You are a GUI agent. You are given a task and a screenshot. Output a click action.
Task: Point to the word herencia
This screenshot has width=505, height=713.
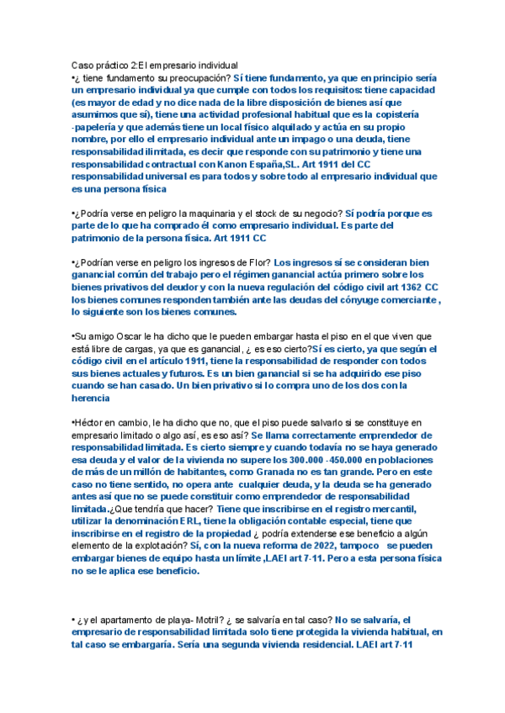(x=92, y=398)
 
